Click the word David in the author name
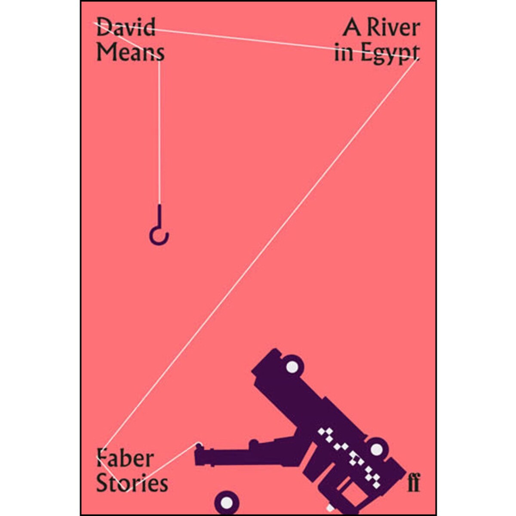pyautogui.click(x=126, y=27)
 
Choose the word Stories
pyautogui.click(x=132, y=483)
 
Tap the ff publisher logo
pyautogui.click(x=413, y=482)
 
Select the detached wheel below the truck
pyautogui.click(x=227, y=502)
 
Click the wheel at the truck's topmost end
pyautogui.click(x=292, y=367)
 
